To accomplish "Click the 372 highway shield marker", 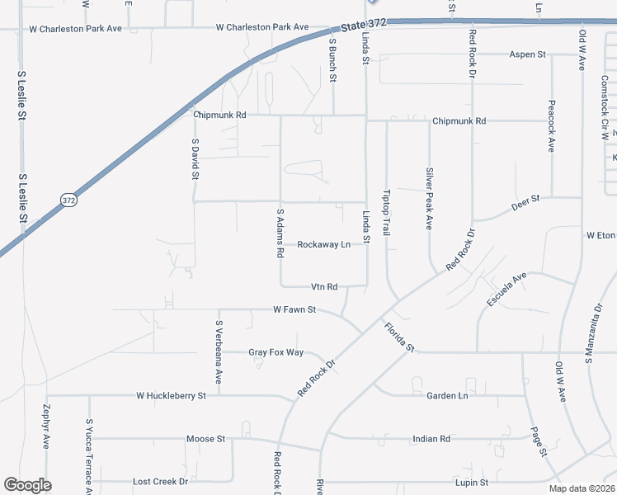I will click(70, 200).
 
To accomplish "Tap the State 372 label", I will click(360, 26).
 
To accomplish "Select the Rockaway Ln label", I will click(323, 245).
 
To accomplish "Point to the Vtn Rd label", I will click(324, 287).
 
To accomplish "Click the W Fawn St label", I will click(295, 310).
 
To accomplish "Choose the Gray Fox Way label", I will click(276, 352).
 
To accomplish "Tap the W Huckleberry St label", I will click(171, 396).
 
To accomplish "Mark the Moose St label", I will click(205, 439).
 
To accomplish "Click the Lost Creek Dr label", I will click(161, 481).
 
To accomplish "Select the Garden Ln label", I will click(447, 396).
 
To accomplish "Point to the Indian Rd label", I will click(431, 439).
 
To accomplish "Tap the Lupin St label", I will click(473, 482).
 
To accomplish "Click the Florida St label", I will click(398, 337).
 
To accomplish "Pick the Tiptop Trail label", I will click(386, 214).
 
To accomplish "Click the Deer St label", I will click(525, 203).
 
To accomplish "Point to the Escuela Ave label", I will click(506, 291).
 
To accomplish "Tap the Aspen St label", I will click(528, 54).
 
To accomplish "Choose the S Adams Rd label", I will click(280, 232).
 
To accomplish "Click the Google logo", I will click(27, 485).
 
